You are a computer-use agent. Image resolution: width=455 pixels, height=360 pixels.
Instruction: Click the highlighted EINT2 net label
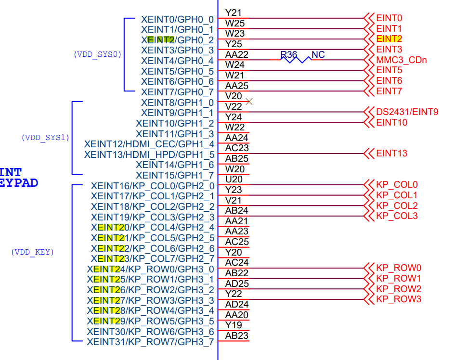[389, 39]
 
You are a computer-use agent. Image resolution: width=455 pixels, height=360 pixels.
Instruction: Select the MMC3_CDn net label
[401, 60]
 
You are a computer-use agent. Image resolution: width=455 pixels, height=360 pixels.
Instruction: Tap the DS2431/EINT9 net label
[407, 112]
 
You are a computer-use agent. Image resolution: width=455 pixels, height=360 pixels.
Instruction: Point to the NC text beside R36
[318, 55]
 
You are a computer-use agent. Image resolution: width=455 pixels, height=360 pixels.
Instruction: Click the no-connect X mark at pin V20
[249, 101]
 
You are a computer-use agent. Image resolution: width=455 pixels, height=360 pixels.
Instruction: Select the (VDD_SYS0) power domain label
[97, 54]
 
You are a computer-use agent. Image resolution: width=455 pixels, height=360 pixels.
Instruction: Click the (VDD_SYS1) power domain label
[45, 138]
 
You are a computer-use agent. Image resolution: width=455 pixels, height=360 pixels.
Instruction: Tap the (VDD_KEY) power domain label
[32, 252]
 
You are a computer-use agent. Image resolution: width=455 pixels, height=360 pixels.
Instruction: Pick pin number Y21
[234, 13]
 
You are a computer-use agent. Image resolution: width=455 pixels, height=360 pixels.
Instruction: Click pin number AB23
[237, 336]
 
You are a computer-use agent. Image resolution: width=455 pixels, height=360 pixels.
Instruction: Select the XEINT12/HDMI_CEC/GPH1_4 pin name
[149, 144]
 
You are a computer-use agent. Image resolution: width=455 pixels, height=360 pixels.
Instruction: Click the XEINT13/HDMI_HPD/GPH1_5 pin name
[149, 154]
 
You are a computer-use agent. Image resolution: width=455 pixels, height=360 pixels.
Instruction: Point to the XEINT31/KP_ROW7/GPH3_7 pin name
[150, 342]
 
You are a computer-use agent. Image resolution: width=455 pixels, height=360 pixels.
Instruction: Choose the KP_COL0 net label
[397, 185]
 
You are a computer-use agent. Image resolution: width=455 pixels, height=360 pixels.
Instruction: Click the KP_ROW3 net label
[398, 299]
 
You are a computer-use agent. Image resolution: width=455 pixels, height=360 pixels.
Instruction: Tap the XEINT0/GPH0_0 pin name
[177, 19]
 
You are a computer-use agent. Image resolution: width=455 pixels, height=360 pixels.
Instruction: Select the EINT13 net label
[391, 154]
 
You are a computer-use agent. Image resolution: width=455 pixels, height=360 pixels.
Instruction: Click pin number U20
[234, 180]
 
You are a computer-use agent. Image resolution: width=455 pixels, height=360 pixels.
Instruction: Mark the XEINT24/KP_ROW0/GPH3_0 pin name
[151, 269]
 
